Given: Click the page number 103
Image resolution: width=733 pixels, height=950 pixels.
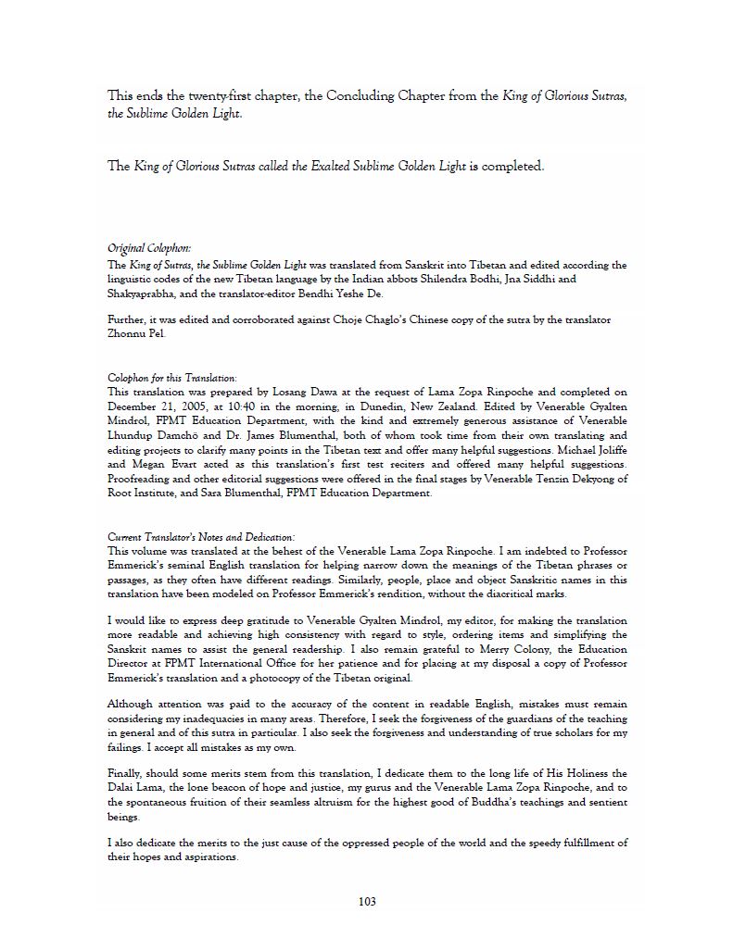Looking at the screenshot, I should pos(366,902).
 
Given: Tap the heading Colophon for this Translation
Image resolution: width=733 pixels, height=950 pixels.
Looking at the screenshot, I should pos(158,378).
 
